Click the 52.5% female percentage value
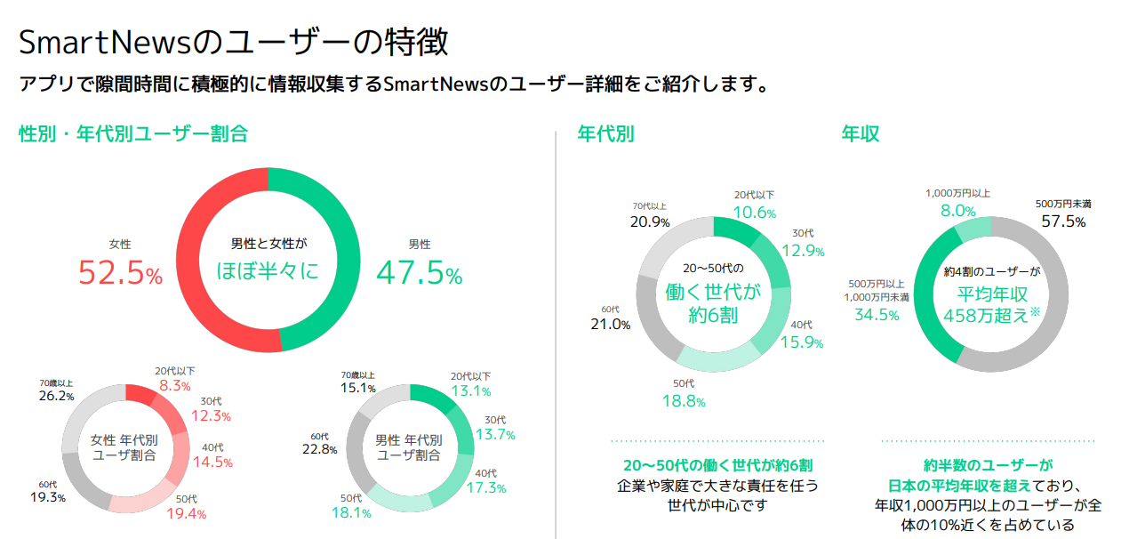120,273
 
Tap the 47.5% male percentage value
420,273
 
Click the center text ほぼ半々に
268,270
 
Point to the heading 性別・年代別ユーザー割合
133,134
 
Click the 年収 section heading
861,134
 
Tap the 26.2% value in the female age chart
56,397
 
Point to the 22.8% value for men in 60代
320,449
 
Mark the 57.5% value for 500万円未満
1063,221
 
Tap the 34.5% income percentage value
877,315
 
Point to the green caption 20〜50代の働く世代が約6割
717,466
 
